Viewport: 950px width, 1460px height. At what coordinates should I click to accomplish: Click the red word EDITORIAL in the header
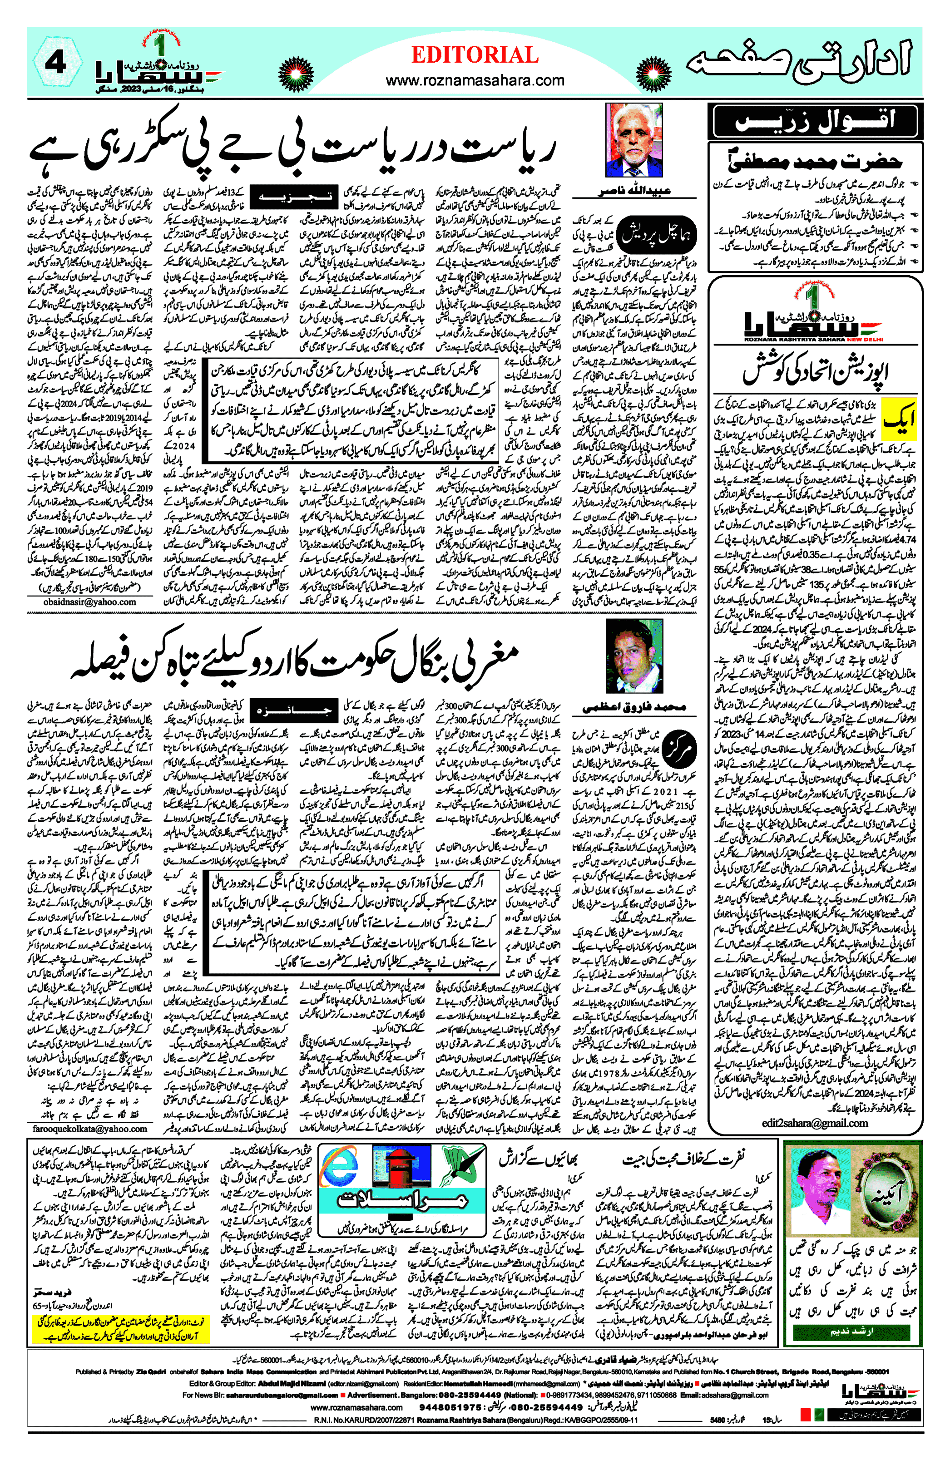click(x=475, y=55)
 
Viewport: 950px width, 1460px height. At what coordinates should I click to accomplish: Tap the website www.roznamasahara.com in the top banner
click(x=475, y=80)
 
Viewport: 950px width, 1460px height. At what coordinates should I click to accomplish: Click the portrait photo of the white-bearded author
click(x=633, y=140)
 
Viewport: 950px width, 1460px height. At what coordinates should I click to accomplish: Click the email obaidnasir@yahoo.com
click(x=89, y=602)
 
